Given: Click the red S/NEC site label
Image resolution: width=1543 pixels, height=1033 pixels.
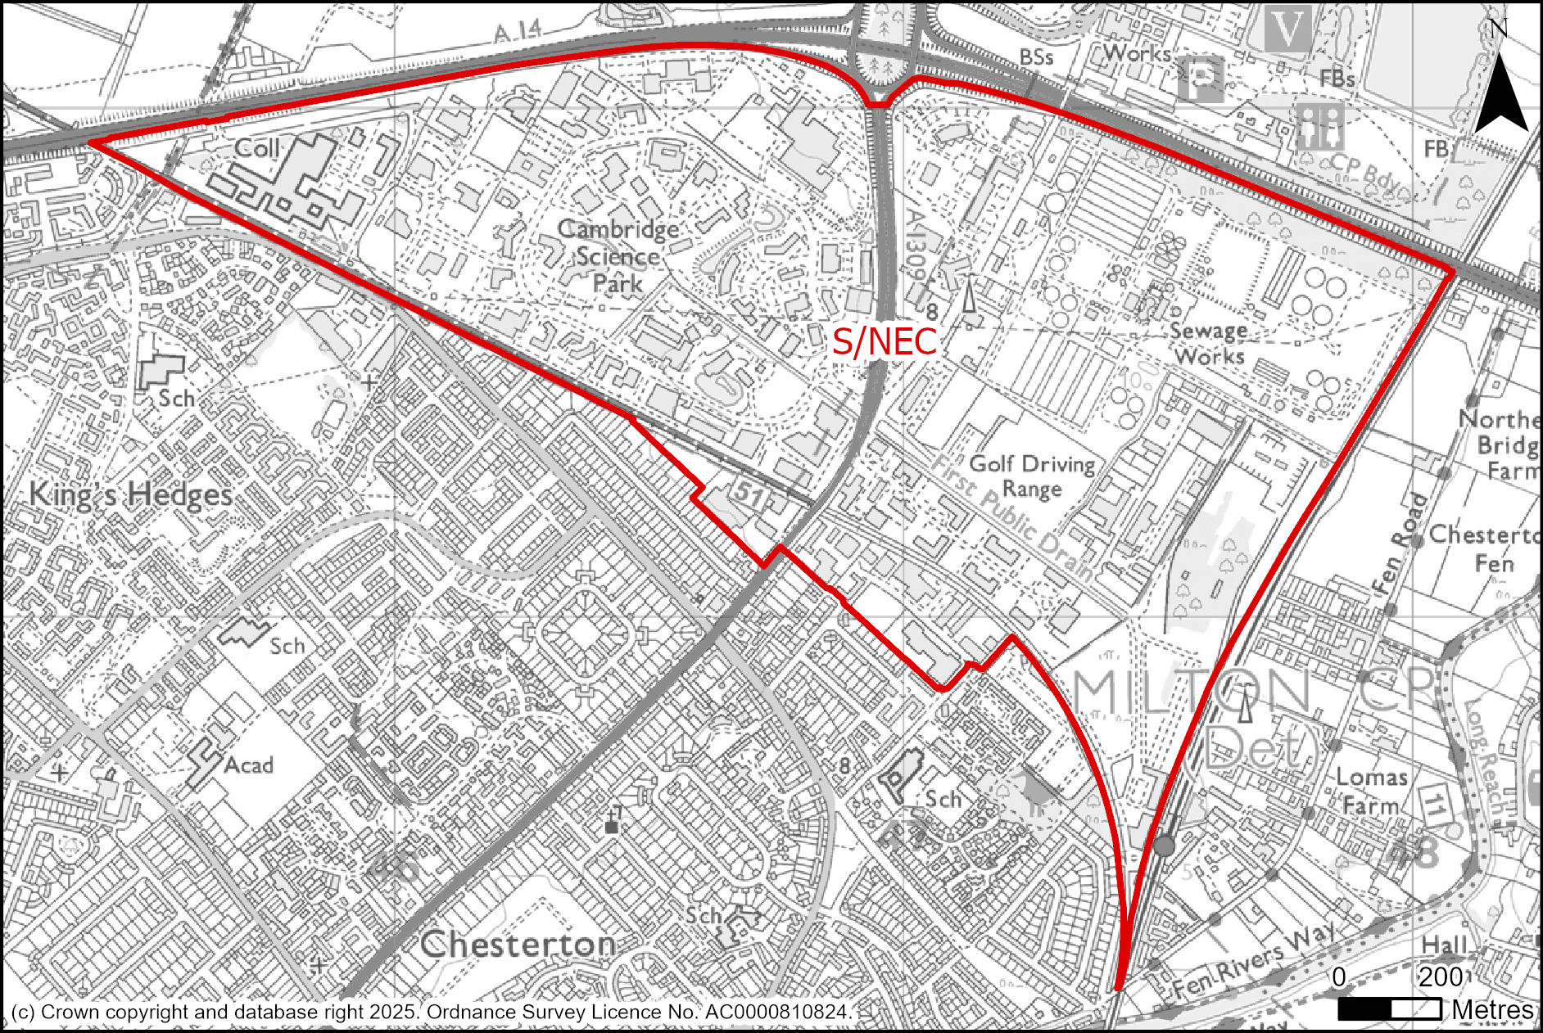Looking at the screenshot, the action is click(x=884, y=341).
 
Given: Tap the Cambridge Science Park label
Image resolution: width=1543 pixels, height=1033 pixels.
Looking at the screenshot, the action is click(x=618, y=256).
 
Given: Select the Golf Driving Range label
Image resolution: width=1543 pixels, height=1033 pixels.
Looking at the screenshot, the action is click(x=1032, y=476).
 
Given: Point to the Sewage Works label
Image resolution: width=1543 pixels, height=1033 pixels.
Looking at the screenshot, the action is click(x=1208, y=344).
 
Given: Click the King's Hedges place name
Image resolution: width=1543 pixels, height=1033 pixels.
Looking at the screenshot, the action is click(x=131, y=495).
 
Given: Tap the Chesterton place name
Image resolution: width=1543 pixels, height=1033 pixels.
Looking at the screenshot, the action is click(x=518, y=945).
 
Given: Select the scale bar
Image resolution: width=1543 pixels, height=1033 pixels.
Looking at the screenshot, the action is click(x=1390, y=1008).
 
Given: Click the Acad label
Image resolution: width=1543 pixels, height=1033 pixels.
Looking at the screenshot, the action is click(x=248, y=765).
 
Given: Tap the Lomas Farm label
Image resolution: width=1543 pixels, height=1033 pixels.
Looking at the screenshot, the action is click(x=1371, y=791).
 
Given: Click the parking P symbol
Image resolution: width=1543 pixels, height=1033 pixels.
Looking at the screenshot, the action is click(x=1201, y=79).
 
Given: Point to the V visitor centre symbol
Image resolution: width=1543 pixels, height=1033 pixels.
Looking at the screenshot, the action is click(x=1288, y=30).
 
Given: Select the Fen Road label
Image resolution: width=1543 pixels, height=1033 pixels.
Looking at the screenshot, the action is click(x=1408, y=543).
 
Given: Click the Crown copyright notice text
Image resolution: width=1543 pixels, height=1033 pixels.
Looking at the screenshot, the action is click(x=432, y=1013).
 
